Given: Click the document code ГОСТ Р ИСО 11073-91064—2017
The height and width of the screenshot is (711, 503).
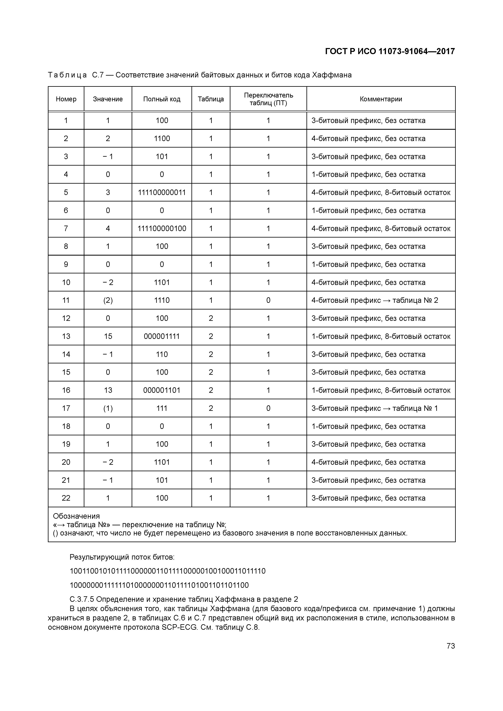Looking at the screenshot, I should click(x=390, y=51).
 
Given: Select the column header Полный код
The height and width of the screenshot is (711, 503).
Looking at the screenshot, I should click(x=162, y=99).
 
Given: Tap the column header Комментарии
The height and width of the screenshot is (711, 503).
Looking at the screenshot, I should click(x=381, y=99).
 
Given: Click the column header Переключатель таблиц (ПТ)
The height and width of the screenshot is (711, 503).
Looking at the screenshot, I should click(x=268, y=99).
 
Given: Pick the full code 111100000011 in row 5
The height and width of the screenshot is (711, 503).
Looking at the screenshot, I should click(x=162, y=193).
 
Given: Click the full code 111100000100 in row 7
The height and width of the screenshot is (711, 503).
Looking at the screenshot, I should click(x=162, y=229).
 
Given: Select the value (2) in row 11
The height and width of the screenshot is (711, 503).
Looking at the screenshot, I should click(x=108, y=300).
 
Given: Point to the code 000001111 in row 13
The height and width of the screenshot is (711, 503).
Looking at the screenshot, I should click(x=162, y=336).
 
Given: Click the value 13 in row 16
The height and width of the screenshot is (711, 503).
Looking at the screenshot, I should click(x=108, y=390).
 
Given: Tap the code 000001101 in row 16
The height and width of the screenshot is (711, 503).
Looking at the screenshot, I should click(x=162, y=390).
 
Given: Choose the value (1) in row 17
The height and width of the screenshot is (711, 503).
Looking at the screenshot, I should click(x=108, y=408).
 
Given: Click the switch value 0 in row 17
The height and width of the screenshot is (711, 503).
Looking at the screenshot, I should click(x=268, y=408).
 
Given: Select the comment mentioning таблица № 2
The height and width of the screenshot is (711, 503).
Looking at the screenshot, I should click(x=375, y=300).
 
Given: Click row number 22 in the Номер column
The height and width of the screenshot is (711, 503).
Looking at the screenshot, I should click(x=66, y=498).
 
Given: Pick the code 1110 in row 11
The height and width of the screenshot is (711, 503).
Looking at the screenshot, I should click(x=162, y=300).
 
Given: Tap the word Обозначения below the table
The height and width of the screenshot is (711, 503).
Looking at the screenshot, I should click(x=76, y=516).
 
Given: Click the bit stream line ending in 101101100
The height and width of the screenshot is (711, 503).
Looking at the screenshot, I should click(x=159, y=585).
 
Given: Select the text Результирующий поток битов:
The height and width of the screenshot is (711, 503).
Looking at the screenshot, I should click(x=122, y=557).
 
